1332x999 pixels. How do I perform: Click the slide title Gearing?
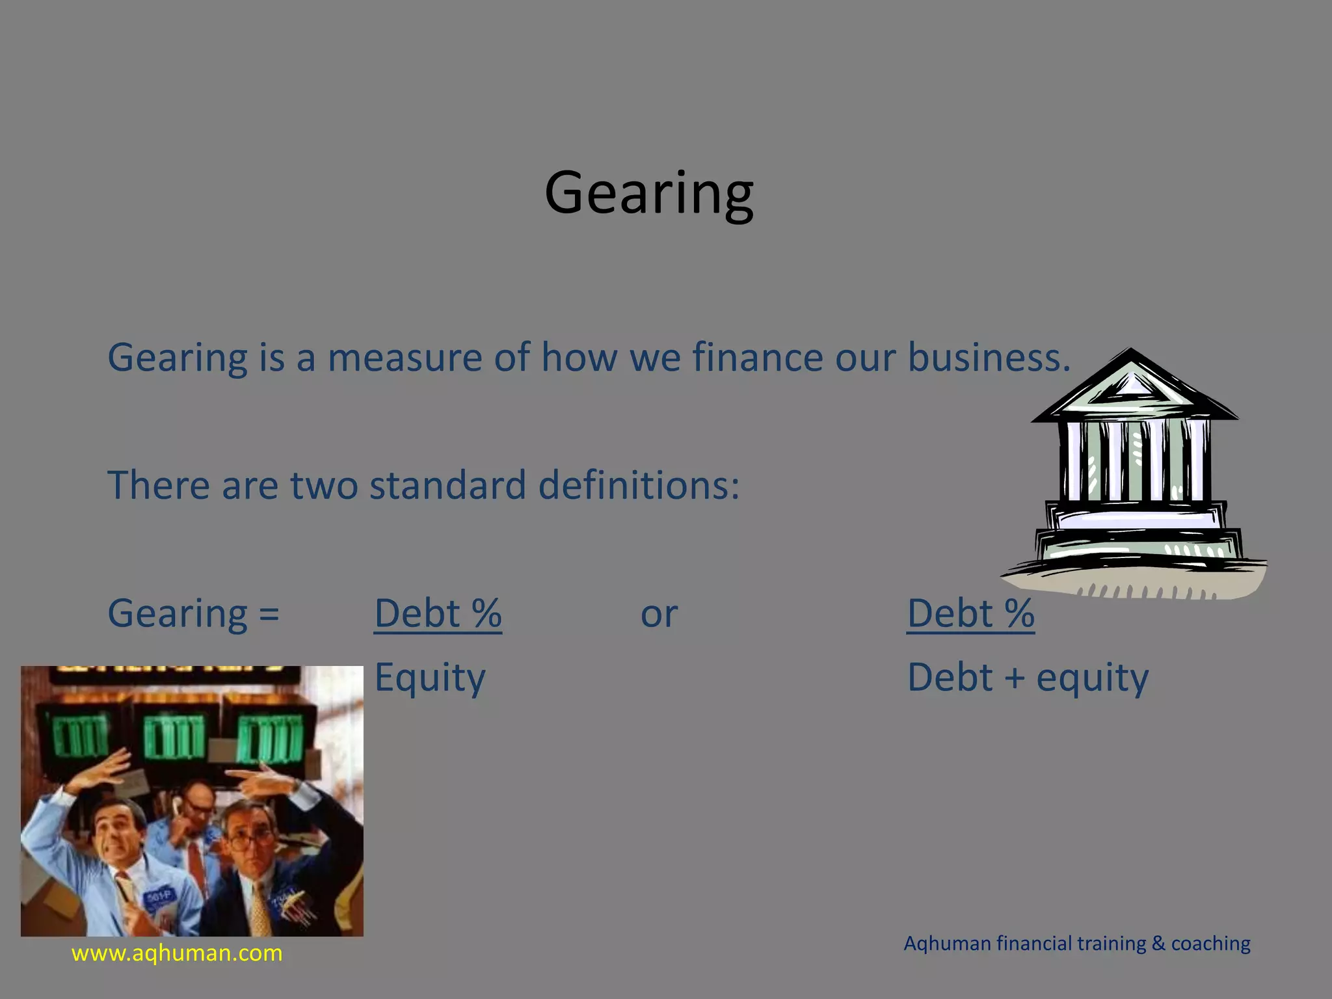click(649, 193)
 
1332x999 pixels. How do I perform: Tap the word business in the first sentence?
click(988, 358)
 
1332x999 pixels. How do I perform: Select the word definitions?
click(639, 485)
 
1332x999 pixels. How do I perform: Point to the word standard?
click(447, 485)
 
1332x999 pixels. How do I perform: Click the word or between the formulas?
click(659, 614)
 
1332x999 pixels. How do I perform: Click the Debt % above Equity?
click(438, 613)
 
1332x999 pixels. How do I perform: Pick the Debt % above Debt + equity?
click(970, 613)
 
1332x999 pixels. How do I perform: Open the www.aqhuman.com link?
click(177, 953)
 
